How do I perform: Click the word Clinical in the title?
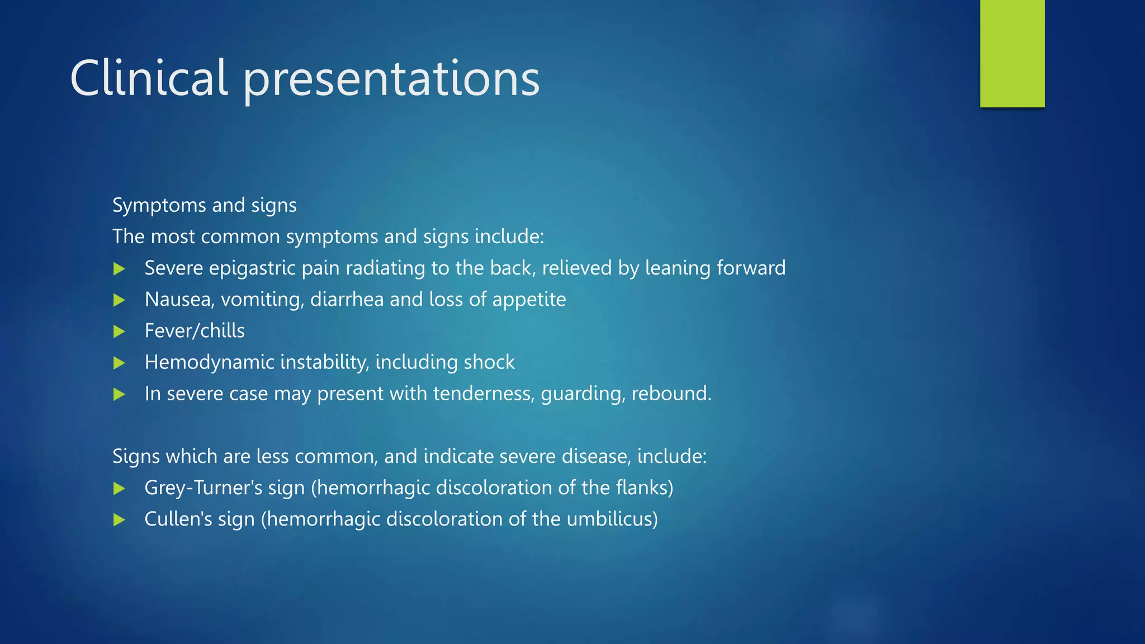pyautogui.click(x=149, y=78)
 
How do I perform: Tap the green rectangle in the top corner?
pyautogui.click(x=1012, y=53)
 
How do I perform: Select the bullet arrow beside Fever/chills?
pyautogui.click(x=119, y=332)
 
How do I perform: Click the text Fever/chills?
pyautogui.click(x=195, y=331)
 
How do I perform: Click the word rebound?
pyautogui.click(x=670, y=394)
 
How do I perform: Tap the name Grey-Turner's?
pyautogui.click(x=203, y=488)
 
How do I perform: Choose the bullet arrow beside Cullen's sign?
pyautogui.click(x=119, y=520)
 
